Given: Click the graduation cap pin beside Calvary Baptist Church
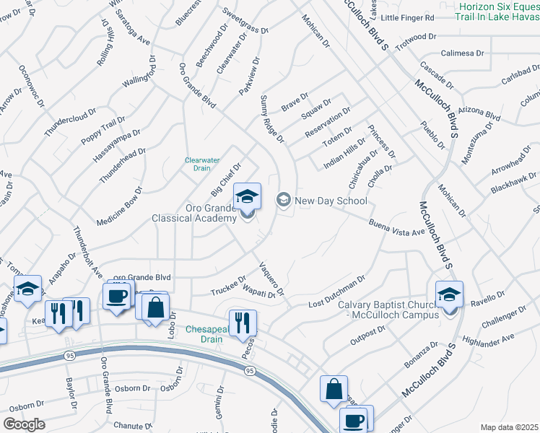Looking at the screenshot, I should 448,296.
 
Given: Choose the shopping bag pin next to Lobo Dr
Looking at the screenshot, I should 155,307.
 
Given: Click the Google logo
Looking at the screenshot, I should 24,424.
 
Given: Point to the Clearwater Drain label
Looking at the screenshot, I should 197,164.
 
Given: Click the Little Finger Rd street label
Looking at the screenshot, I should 408,17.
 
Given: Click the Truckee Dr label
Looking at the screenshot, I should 229,286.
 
